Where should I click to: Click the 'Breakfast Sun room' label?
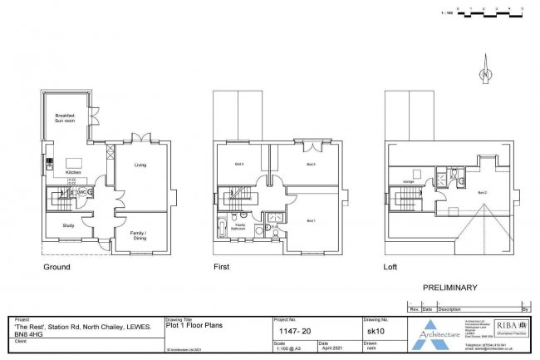click(66, 118)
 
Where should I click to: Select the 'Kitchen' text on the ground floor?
click(73, 173)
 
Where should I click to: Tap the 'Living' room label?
click(140, 165)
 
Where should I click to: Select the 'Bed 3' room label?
click(310, 165)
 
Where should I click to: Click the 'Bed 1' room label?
click(311, 221)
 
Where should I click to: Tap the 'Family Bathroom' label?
click(240, 225)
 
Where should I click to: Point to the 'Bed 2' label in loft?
click(480, 193)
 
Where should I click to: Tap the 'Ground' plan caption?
click(56, 268)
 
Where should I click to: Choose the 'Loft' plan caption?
click(390, 268)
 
